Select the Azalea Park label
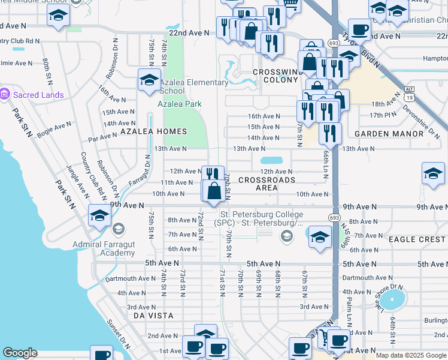(x=180, y=104)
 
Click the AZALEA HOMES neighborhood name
(x=154, y=131)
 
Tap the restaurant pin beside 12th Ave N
(x=213, y=175)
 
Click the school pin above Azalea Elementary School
(x=149, y=80)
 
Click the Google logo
(x=20, y=353)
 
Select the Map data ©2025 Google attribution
(x=411, y=355)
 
